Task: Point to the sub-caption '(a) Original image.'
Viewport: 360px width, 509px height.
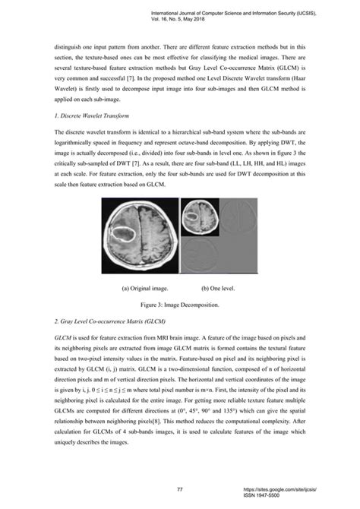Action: pyautogui.click(x=144, y=289)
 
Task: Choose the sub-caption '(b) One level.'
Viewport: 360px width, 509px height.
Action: pyautogui.click(x=221, y=289)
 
